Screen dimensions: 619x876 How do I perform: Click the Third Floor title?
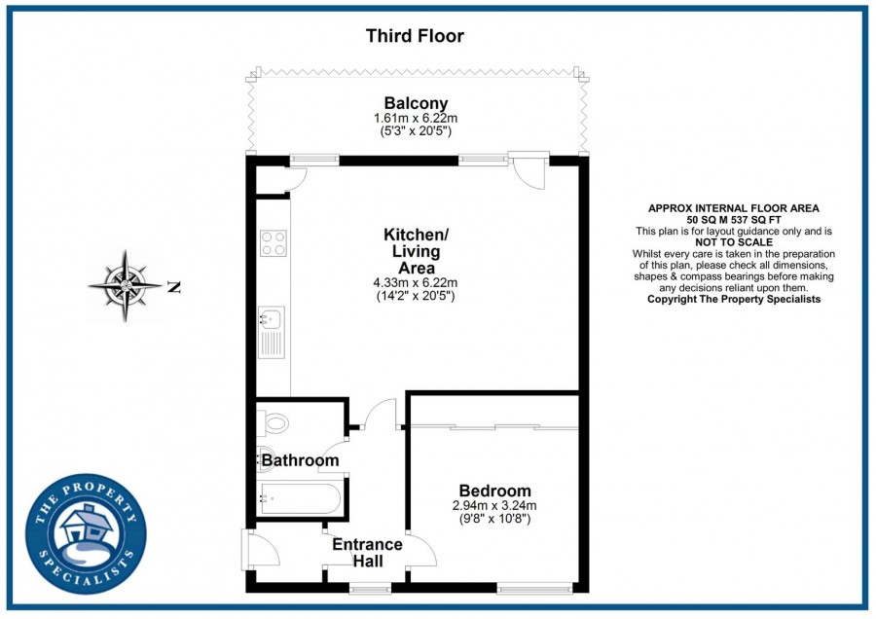pos(415,37)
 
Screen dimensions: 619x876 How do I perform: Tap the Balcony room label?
pos(416,103)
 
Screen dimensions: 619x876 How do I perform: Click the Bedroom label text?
pos(494,491)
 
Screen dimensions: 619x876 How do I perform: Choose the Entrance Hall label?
pos(367,553)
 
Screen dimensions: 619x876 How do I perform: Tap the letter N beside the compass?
pos(174,287)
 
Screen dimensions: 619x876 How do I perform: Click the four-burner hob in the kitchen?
pos(273,242)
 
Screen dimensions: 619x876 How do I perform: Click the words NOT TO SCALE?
pos(734,242)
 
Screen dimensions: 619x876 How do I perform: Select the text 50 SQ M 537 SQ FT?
pos(734,220)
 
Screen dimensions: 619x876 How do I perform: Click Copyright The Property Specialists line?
pos(734,299)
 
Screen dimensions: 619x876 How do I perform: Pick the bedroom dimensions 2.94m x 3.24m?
pos(494,506)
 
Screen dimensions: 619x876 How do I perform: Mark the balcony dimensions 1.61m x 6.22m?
pos(416,119)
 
